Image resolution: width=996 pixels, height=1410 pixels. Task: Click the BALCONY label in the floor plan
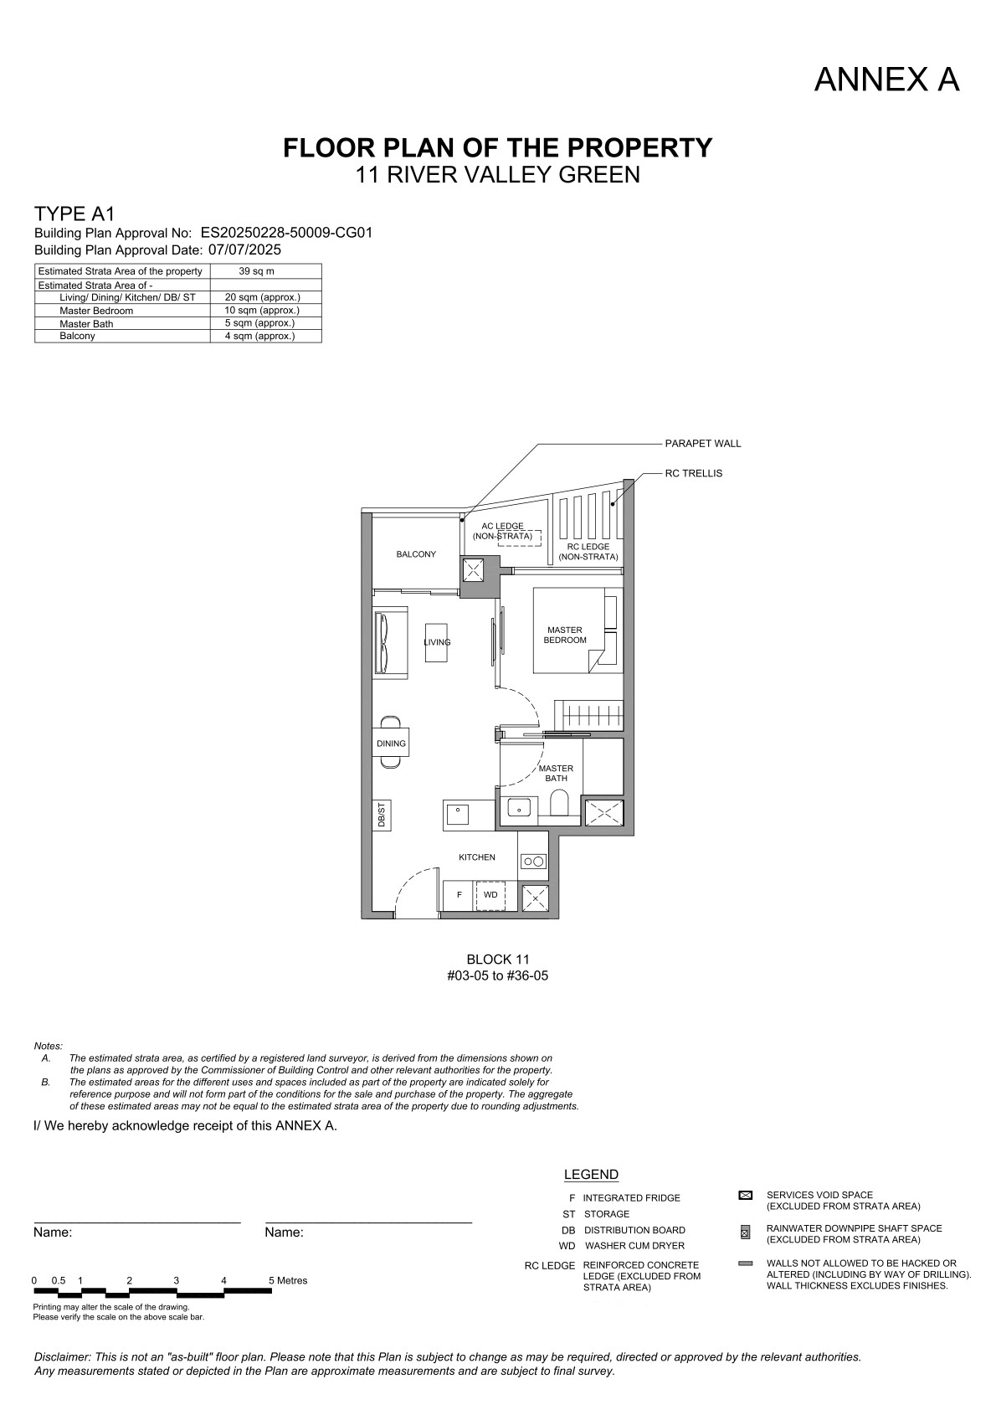416,554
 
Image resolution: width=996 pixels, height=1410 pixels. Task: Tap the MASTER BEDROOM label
565,635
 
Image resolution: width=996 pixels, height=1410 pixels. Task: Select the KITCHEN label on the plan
477,857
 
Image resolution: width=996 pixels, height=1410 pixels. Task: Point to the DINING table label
391,744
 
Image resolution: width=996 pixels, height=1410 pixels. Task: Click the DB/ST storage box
382,815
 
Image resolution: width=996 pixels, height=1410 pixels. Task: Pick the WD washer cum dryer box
490,894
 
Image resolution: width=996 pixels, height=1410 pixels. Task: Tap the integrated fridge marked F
459,895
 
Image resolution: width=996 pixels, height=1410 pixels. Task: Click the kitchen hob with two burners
533,861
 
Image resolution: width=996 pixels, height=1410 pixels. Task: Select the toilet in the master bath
559,804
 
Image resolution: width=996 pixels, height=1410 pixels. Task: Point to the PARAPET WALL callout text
703,444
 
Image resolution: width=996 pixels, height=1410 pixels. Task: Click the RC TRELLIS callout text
693,473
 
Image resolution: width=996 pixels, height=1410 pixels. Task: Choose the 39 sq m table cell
256,271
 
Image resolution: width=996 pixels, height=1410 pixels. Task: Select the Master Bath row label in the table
86,323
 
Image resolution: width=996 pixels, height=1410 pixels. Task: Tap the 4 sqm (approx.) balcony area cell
259,336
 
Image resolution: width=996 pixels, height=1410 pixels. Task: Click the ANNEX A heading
886,80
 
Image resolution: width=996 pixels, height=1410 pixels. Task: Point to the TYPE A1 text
74,214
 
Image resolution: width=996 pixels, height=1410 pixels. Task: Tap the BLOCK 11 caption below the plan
498,960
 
